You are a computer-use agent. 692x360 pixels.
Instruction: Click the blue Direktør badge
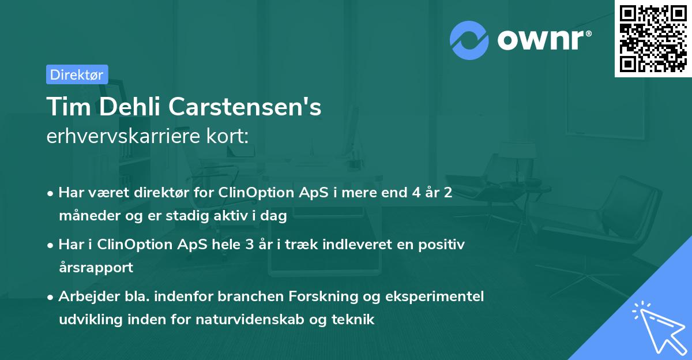pos(77,74)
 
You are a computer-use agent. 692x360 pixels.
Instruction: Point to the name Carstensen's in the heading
pos(255,107)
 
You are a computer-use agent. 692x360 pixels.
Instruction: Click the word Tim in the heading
pos(65,107)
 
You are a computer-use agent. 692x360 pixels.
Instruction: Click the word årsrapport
pos(96,268)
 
